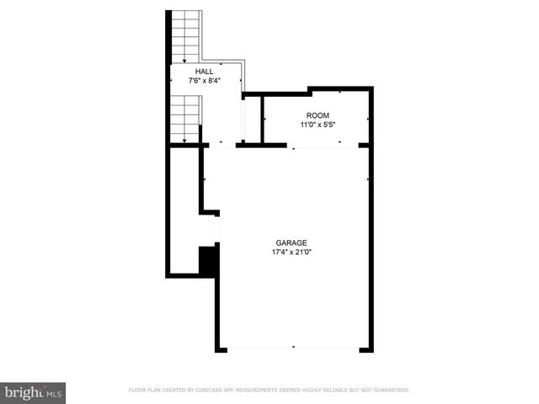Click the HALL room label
click(x=205, y=72)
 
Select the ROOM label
click(x=318, y=115)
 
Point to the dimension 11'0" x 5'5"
click(x=318, y=125)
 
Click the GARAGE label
click(x=292, y=242)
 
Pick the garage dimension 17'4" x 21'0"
click(x=292, y=252)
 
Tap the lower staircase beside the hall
click(x=186, y=118)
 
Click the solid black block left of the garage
click(x=208, y=260)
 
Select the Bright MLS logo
click(x=33, y=391)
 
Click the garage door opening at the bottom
click(x=293, y=348)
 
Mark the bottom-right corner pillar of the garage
click(x=366, y=348)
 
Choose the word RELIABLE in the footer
click(x=332, y=391)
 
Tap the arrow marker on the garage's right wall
click(x=368, y=179)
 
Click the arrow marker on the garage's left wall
click(x=205, y=179)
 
